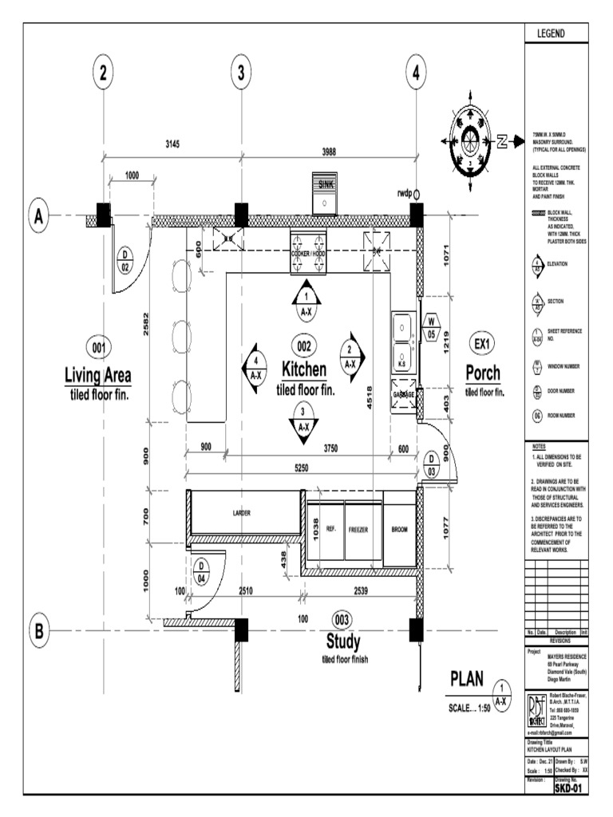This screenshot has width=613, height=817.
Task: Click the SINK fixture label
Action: (x=326, y=184)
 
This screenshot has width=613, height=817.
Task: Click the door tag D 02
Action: (x=125, y=261)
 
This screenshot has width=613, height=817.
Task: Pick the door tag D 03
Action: (x=429, y=464)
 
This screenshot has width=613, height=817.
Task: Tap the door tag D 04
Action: (x=202, y=571)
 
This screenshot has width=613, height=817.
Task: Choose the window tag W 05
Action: (x=431, y=328)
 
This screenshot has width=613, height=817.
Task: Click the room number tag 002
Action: (x=303, y=347)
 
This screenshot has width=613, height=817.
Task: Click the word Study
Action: (x=342, y=642)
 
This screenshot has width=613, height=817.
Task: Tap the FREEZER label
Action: (x=356, y=530)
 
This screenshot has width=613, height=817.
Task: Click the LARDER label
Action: (x=242, y=514)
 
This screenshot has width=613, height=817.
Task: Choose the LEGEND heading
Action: (x=556, y=34)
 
